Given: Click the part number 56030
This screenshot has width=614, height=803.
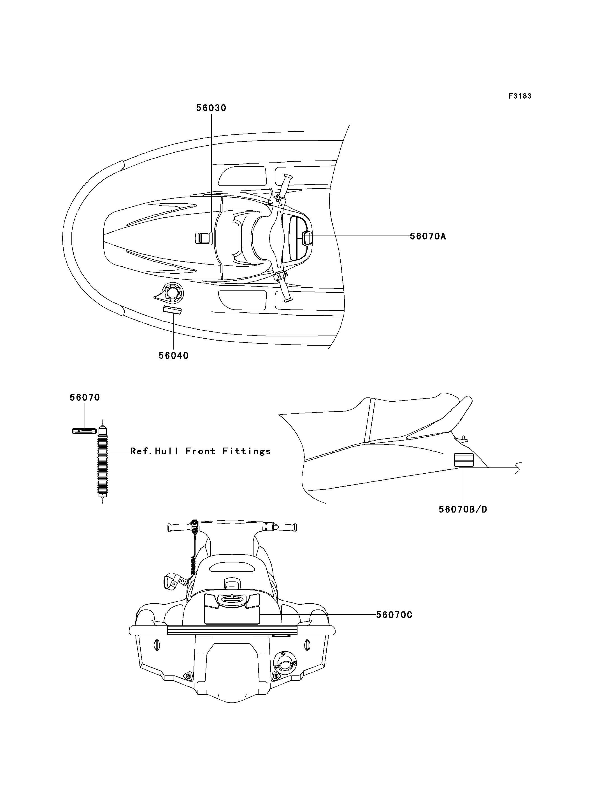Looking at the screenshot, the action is [211, 108].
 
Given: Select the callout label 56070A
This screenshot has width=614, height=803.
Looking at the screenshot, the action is [428, 236].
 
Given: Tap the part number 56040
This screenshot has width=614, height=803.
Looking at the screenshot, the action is [174, 356].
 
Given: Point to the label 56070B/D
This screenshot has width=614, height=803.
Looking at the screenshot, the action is [463, 509].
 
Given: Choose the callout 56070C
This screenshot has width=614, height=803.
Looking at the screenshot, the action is [394, 615].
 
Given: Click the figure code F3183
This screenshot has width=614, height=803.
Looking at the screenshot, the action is [520, 96].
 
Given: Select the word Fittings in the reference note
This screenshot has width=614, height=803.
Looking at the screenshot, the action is [247, 451].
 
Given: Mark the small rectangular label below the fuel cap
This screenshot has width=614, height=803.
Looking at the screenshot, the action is [172, 310].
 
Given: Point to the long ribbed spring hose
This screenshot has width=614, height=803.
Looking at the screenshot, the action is [103, 462].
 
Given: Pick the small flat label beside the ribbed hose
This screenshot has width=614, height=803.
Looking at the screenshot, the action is [84, 431].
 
